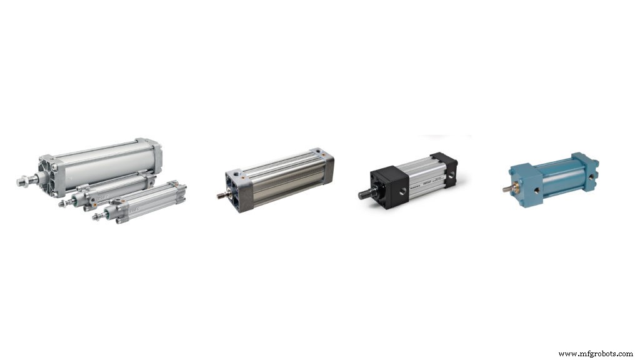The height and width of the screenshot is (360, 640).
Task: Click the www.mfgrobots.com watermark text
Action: [595, 354]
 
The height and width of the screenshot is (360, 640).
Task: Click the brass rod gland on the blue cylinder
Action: [515, 186]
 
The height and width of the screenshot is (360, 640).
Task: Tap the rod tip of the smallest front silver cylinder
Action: [96, 217]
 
